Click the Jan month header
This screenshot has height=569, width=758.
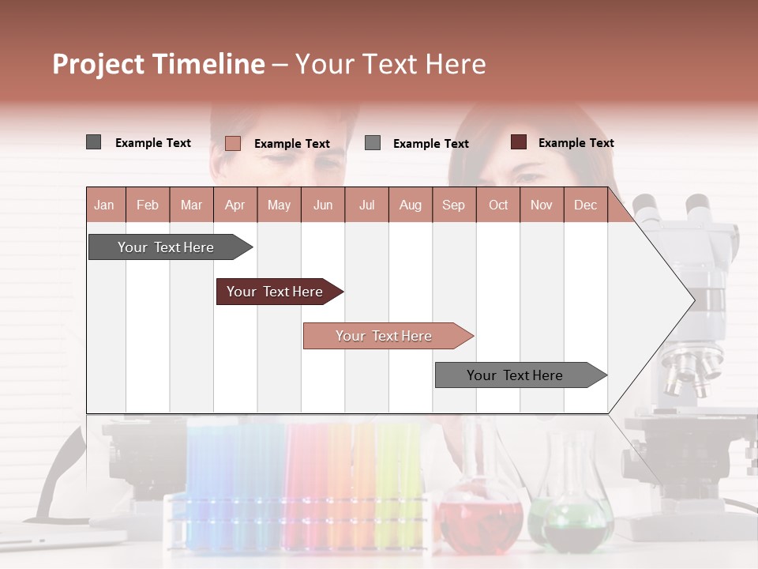(x=104, y=205)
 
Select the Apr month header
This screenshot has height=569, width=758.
(x=235, y=205)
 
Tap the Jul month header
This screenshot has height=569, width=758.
(x=366, y=205)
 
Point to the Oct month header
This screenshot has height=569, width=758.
(x=498, y=205)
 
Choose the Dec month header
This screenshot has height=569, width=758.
(x=585, y=205)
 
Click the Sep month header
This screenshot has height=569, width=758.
(x=453, y=205)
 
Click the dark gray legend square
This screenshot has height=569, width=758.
(x=93, y=142)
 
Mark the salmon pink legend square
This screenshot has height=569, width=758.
(x=232, y=143)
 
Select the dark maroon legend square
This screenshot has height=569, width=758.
(x=518, y=142)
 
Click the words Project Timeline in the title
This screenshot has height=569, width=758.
(x=158, y=64)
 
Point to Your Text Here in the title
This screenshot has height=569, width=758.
(x=391, y=64)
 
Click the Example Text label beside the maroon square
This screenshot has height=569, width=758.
(x=576, y=143)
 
